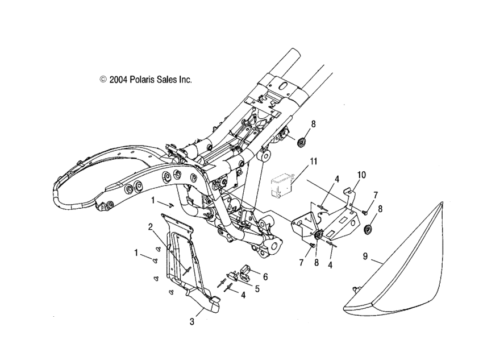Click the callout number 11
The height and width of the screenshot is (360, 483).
(x=314, y=162)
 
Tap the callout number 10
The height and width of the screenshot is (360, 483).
(x=361, y=175)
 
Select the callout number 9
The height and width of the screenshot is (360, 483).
(x=365, y=256)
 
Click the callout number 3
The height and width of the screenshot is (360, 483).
(x=192, y=322)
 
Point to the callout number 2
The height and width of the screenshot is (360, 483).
(x=151, y=227)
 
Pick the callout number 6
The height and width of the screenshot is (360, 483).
(x=265, y=276)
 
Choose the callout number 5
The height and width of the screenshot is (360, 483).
(x=257, y=288)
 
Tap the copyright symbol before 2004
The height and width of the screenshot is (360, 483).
(x=103, y=80)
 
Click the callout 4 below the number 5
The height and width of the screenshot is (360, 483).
(x=243, y=295)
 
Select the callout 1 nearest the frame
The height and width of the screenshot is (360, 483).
(x=153, y=201)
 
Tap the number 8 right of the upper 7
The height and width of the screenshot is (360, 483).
(x=380, y=209)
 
